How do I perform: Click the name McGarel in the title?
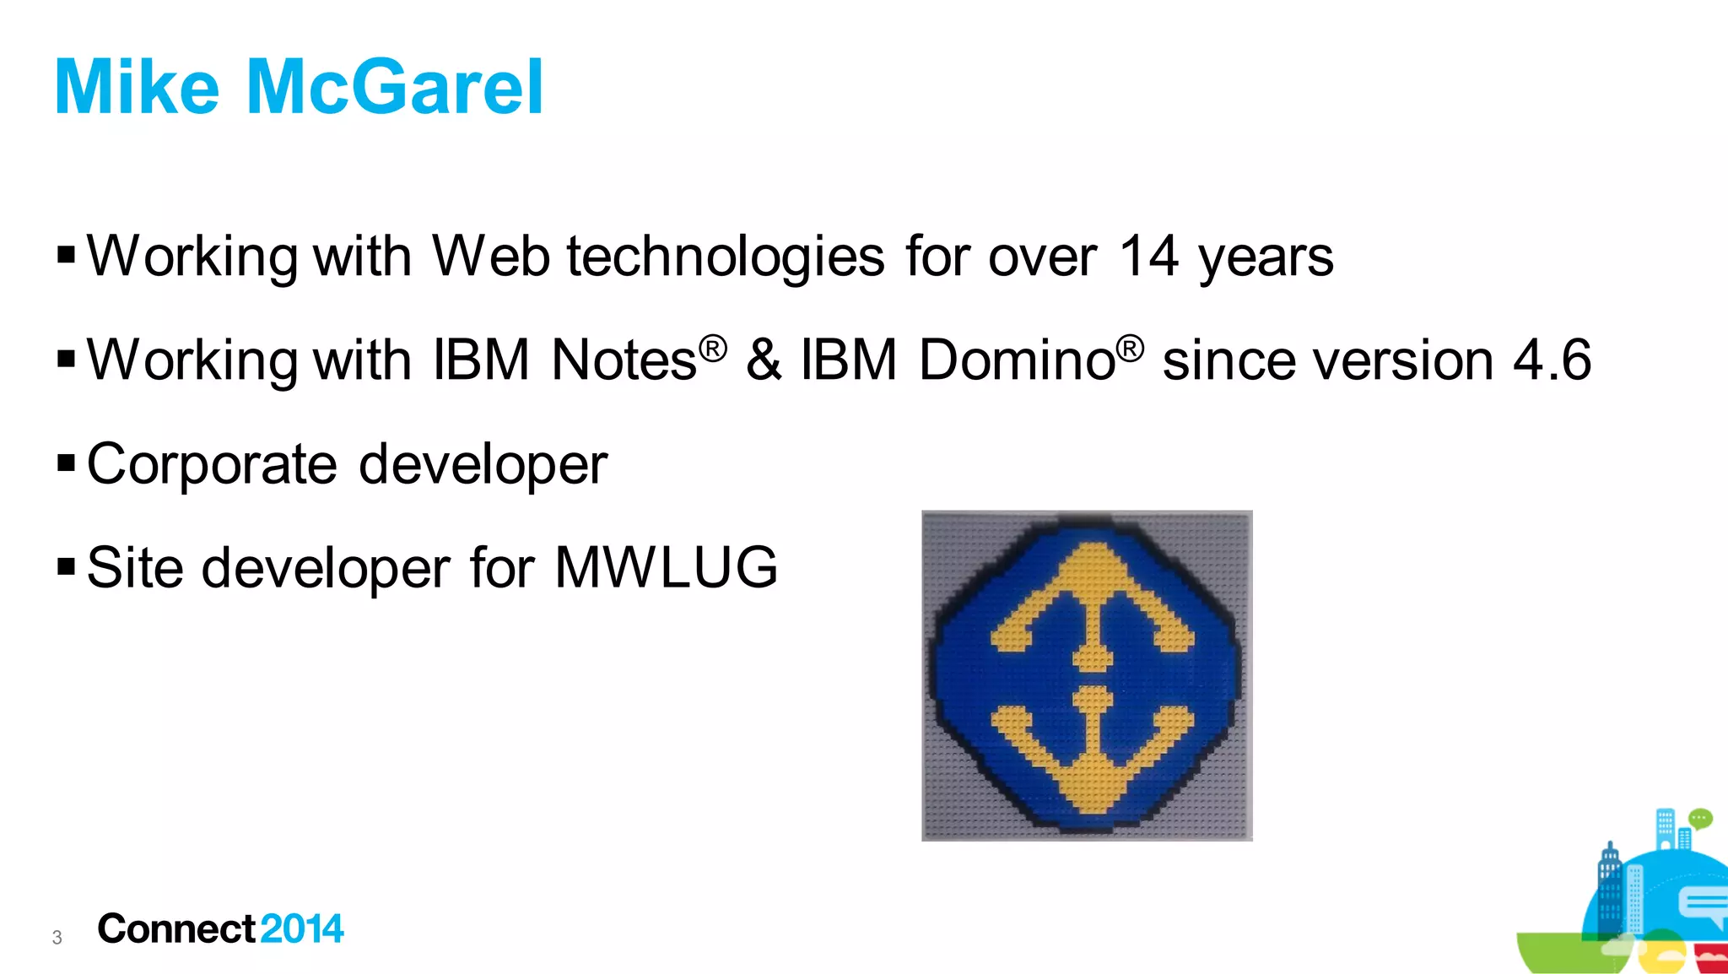pyautogui.click(x=394, y=87)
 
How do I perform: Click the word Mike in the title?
pyautogui.click(x=137, y=87)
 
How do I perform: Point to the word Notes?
pyautogui.click(x=624, y=360)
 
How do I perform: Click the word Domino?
pyautogui.click(x=1017, y=360)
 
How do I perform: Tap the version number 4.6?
pyautogui.click(x=1552, y=360)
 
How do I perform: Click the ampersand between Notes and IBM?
pyautogui.click(x=763, y=360)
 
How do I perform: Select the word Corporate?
pyautogui.click(x=212, y=465)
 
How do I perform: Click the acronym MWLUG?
pyautogui.click(x=666, y=567)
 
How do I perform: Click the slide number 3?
pyautogui.click(x=57, y=937)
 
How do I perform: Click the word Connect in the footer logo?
pyautogui.click(x=175, y=928)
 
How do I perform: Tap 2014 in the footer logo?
pyautogui.click(x=301, y=928)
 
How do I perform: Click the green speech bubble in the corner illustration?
pyautogui.click(x=1699, y=818)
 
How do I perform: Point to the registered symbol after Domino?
pyautogui.click(x=1130, y=347)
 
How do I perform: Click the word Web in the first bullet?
pyautogui.click(x=490, y=256)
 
